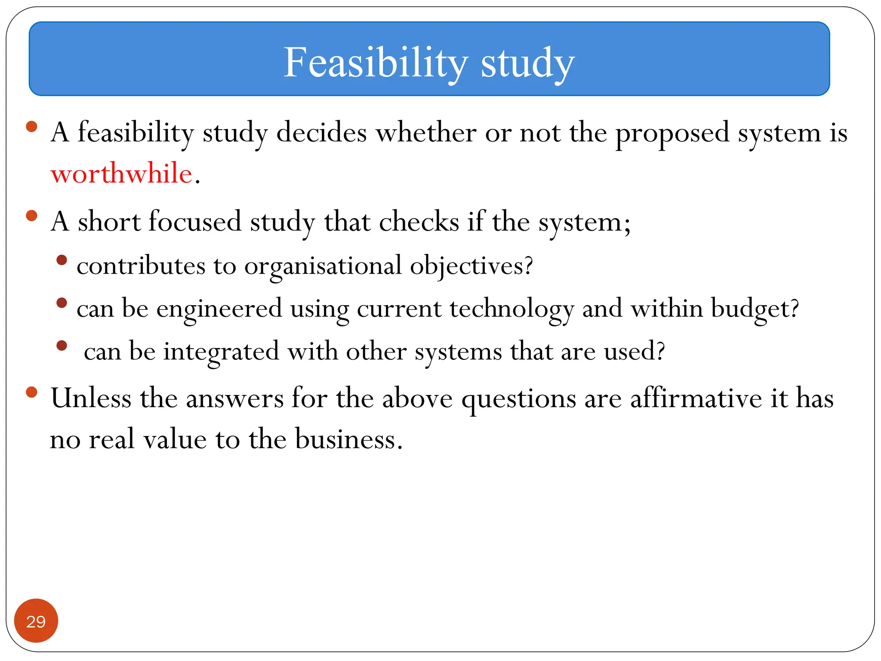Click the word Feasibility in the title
(x=375, y=63)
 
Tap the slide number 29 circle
(x=36, y=621)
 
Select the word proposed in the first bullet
(x=672, y=133)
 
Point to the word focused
(x=195, y=222)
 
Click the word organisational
(x=323, y=266)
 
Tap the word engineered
(x=219, y=309)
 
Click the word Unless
(x=91, y=398)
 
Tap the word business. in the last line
(x=349, y=440)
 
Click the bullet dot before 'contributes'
(x=62, y=260)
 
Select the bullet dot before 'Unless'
(x=32, y=392)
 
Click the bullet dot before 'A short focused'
(x=32, y=215)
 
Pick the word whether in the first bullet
(x=426, y=133)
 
